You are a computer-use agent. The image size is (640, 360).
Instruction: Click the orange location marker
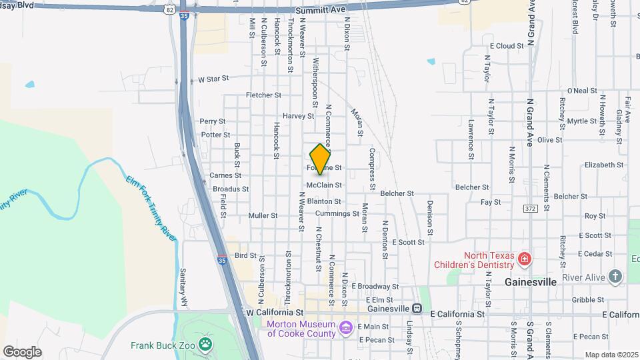[x=321, y=159]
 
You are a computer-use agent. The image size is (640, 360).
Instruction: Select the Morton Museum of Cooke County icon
[x=345, y=327]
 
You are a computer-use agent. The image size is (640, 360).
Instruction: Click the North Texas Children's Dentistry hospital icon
[x=525, y=258]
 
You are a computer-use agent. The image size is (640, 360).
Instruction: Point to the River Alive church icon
[x=615, y=275]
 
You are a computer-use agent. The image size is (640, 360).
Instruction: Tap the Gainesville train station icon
[x=417, y=309]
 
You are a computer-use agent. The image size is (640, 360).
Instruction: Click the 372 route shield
[x=530, y=209]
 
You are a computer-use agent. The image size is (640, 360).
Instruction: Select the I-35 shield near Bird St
[x=221, y=261]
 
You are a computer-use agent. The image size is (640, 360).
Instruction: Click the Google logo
[x=22, y=351]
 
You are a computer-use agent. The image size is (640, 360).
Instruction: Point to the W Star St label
[x=213, y=79]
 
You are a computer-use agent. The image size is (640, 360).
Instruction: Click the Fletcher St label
[x=263, y=95]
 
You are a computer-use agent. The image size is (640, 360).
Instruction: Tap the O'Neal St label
[x=581, y=91]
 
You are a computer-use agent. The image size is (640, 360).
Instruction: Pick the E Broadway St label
[x=375, y=286]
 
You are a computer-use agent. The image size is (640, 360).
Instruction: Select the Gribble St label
[x=587, y=300]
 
